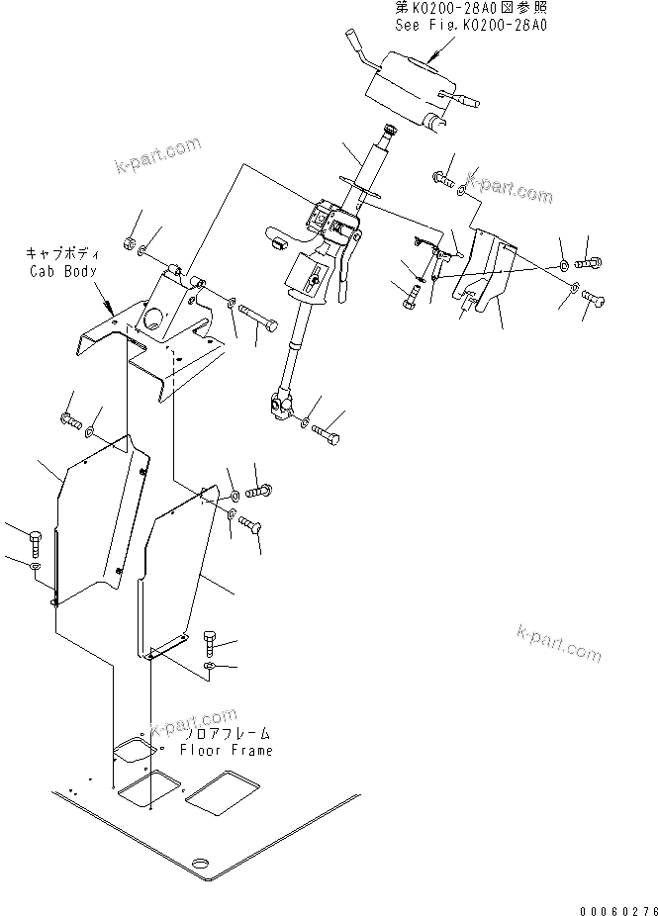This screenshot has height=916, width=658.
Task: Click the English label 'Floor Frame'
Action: pos(226,751)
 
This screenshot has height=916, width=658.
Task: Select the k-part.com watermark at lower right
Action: pos(558,643)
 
